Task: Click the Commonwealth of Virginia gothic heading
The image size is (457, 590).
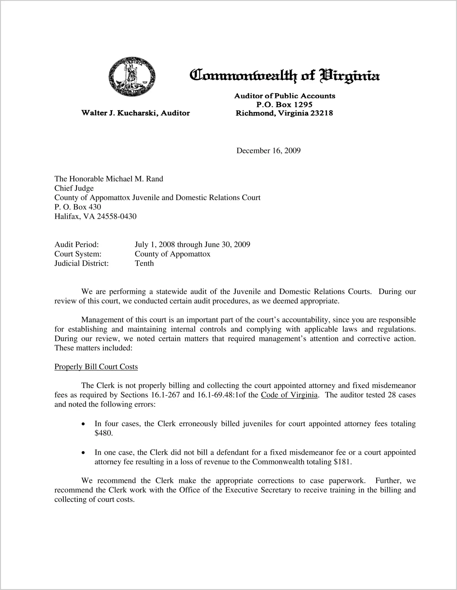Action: coord(285,75)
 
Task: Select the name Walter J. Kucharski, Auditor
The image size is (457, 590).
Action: coord(136,113)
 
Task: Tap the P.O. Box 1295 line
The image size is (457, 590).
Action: coord(284,105)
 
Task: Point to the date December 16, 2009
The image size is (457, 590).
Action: coord(268,151)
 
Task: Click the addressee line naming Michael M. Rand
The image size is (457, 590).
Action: coord(109,179)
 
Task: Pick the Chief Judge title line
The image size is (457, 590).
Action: coord(74,188)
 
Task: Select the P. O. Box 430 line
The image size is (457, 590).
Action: coord(78,207)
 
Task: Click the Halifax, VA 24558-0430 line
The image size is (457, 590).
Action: coord(95,216)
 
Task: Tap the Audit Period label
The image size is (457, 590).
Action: coord(76,244)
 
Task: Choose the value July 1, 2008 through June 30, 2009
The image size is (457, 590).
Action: coord(192,244)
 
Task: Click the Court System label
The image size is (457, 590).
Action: coord(78,254)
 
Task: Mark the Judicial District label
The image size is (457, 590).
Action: coord(81,263)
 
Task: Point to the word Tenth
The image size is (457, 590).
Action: coord(144,263)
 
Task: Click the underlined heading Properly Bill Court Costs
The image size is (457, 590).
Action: coord(96,367)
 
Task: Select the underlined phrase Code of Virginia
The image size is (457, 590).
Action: coord(289,395)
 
